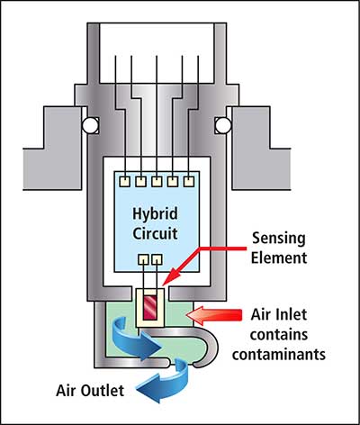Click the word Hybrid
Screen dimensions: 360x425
click(x=155, y=214)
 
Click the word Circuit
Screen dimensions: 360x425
click(x=155, y=233)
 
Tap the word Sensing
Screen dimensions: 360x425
click(x=279, y=240)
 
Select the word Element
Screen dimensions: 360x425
click(x=279, y=258)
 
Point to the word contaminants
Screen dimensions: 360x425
click(x=279, y=354)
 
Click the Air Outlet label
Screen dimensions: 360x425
click(x=90, y=391)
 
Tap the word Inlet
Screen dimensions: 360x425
click(x=291, y=314)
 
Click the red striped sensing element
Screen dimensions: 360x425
click(x=150, y=308)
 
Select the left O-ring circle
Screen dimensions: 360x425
click(x=90, y=125)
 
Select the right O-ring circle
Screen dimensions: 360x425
click(x=223, y=125)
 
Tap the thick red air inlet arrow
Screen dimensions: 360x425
click(x=214, y=316)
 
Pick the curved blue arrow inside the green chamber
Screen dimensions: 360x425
click(x=132, y=339)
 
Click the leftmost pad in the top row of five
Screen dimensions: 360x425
click(x=124, y=182)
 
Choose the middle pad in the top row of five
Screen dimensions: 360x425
click(x=157, y=182)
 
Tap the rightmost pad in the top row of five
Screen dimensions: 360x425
click(x=189, y=182)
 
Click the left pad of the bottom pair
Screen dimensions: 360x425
click(x=143, y=259)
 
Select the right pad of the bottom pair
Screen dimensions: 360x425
click(x=157, y=259)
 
